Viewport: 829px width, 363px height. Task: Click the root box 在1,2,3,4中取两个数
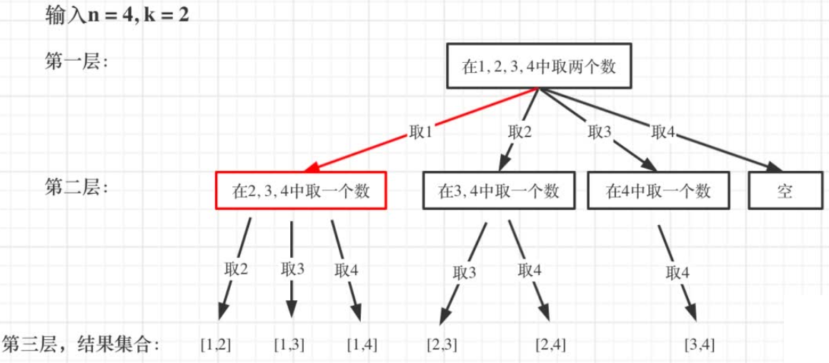tap(540, 66)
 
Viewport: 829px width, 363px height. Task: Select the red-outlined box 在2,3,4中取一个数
tap(301, 191)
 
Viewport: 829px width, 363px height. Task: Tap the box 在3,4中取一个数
tap(498, 191)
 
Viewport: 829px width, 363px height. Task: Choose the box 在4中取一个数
tap(658, 191)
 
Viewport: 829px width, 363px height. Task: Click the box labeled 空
tap(784, 191)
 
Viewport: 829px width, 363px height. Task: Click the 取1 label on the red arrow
tap(420, 132)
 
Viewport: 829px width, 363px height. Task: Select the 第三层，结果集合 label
tap(80, 344)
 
